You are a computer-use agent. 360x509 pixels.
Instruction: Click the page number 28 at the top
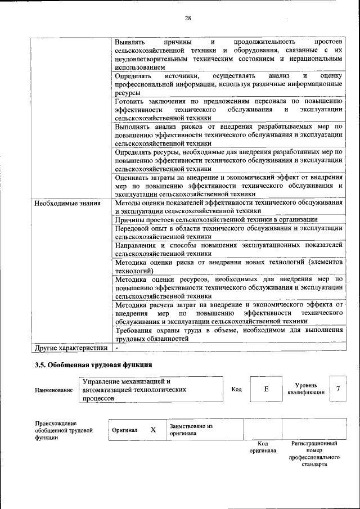click(188, 18)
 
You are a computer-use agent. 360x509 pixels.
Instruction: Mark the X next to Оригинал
click(152, 430)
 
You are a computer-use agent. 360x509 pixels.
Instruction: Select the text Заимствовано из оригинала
click(191, 430)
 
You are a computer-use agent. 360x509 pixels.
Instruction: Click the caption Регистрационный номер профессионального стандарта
click(314, 454)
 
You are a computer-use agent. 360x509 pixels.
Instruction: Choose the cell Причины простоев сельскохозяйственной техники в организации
click(217, 219)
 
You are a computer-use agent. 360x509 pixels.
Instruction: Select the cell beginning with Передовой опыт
click(228, 232)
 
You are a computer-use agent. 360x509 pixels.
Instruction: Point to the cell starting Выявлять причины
click(228, 54)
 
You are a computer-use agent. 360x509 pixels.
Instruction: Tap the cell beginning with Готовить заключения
click(228, 110)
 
